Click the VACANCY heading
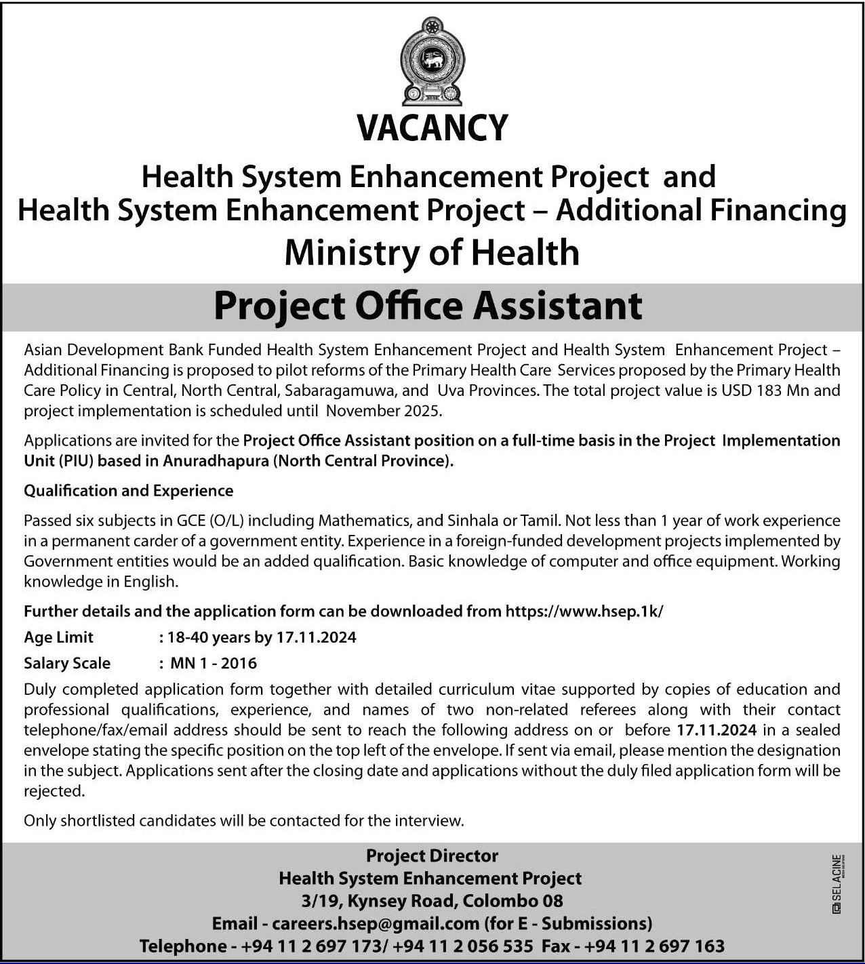(432, 127)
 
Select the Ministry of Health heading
(432, 252)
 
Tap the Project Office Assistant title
(428, 306)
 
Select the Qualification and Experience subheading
(128, 490)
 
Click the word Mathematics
(363, 521)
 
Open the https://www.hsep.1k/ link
(584, 611)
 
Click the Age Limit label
(58, 637)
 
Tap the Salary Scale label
(66, 663)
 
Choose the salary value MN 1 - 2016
(213, 663)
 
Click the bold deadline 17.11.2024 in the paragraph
(717, 730)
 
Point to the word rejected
(54, 791)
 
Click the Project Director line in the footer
(432, 856)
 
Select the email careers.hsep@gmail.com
(376, 923)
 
